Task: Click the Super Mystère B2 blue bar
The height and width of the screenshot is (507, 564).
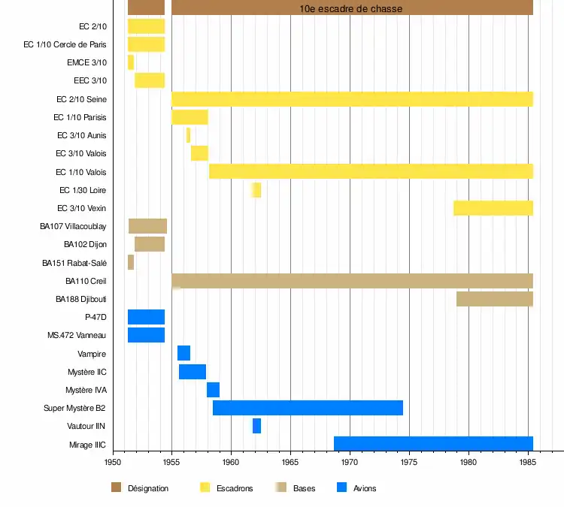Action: pyautogui.click(x=308, y=408)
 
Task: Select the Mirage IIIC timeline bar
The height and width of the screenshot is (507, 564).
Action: pyautogui.click(x=433, y=444)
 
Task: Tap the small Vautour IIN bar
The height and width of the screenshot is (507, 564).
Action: pyautogui.click(x=256, y=426)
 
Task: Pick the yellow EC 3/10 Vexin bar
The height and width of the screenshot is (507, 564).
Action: pyautogui.click(x=493, y=208)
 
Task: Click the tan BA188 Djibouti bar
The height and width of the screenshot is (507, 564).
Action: pyautogui.click(x=495, y=299)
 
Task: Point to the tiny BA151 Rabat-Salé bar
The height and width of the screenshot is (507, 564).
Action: pyautogui.click(x=131, y=262)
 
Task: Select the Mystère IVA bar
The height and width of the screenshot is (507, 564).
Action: pyautogui.click(x=213, y=390)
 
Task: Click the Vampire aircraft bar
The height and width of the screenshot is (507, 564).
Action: pyautogui.click(x=183, y=353)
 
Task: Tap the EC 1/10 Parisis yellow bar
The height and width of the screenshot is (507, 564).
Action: pyautogui.click(x=190, y=117)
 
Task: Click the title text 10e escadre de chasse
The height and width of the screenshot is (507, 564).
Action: pyautogui.click(x=351, y=8)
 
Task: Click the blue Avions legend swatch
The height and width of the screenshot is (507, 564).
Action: pyautogui.click(x=341, y=487)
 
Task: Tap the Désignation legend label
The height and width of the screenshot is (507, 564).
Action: pyautogui.click(x=148, y=488)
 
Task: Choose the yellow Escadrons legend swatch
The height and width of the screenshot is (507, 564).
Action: pyautogui.click(x=205, y=487)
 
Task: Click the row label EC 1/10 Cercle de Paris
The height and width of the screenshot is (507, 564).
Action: pyautogui.click(x=65, y=44)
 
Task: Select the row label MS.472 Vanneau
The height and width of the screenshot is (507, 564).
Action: pyautogui.click(x=76, y=335)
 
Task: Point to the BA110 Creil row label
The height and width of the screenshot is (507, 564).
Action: pyautogui.click(x=86, y=281)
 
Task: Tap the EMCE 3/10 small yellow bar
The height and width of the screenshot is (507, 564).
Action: pyautogui.click(x=131, y=62)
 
